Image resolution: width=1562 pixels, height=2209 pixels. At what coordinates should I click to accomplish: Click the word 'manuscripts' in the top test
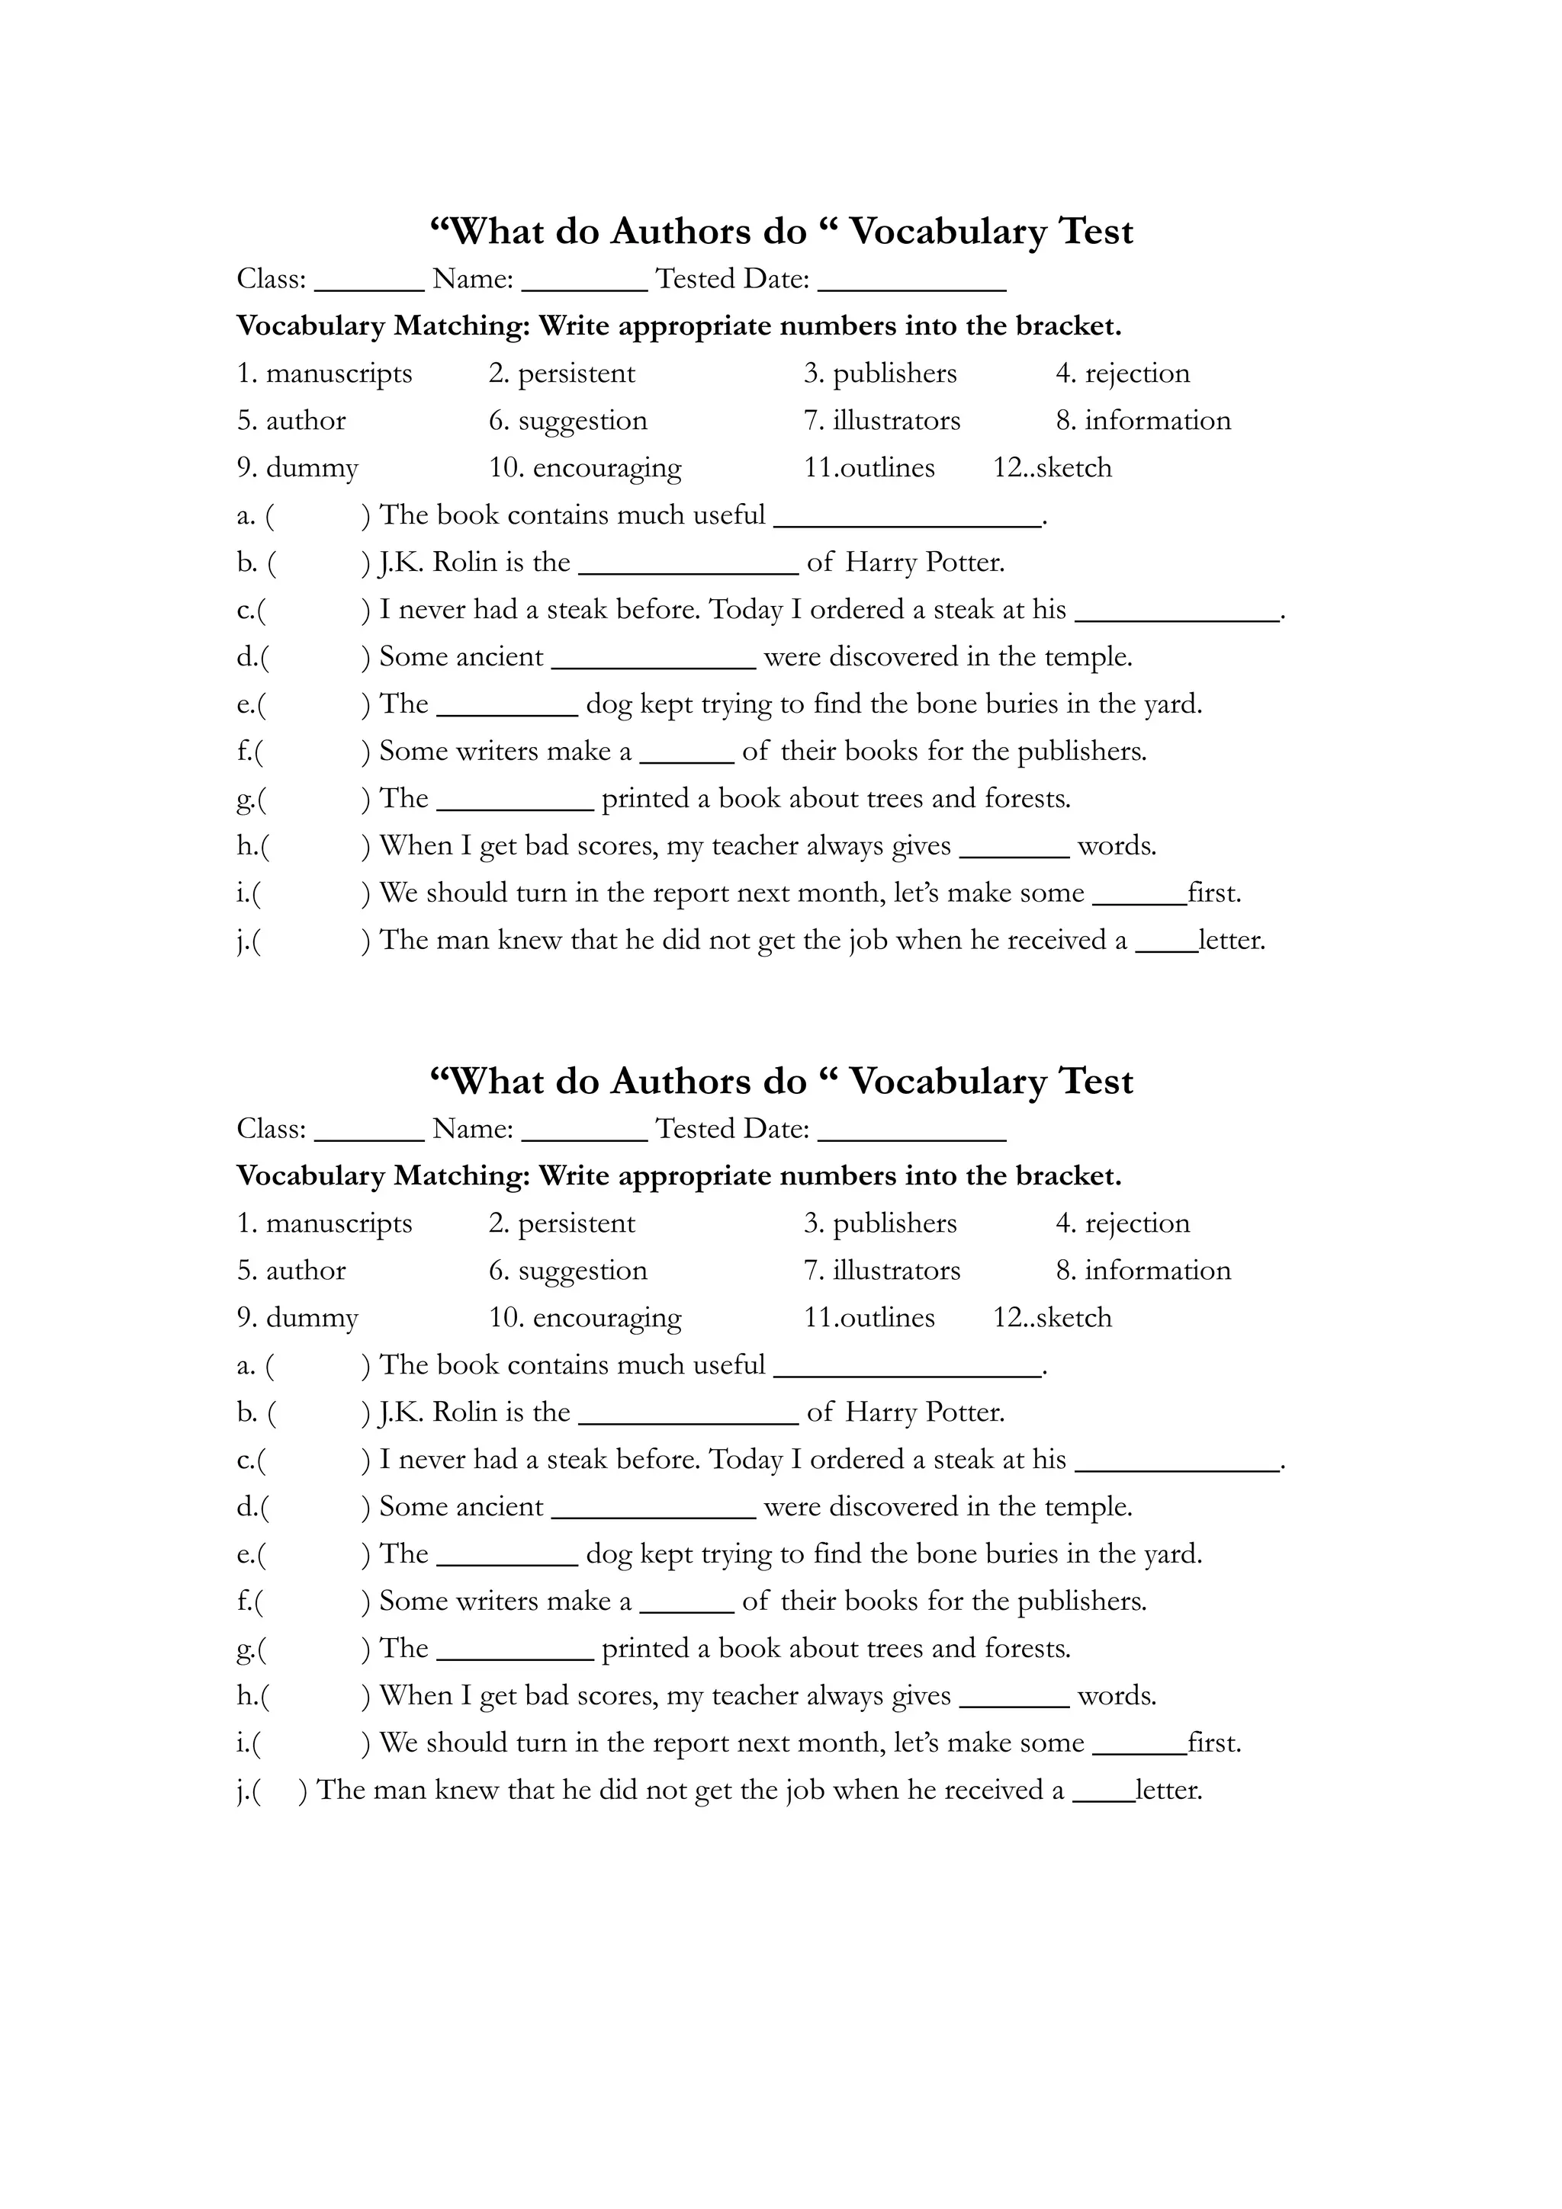338,374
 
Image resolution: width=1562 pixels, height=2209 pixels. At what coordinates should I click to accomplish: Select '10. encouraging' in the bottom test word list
585,1318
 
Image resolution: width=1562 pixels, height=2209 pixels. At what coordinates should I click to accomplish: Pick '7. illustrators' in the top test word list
882,421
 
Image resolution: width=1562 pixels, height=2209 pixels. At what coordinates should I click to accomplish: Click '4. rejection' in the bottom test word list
1122,1224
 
